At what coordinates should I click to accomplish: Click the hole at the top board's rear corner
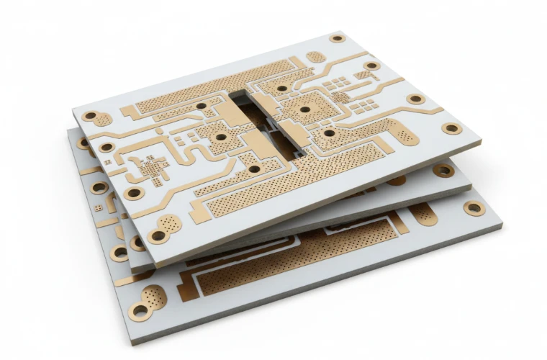[337, 38]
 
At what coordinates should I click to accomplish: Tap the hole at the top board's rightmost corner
[451, 129]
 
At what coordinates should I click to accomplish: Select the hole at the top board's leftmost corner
[90, 116]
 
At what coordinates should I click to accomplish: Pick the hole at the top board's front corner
[156, 235]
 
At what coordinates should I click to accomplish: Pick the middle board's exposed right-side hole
[443, 171]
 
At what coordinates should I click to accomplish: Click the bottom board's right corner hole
[474, 208]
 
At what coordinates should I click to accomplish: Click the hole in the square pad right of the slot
[305, 109]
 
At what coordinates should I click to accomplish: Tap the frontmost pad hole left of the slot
[253, 169]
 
